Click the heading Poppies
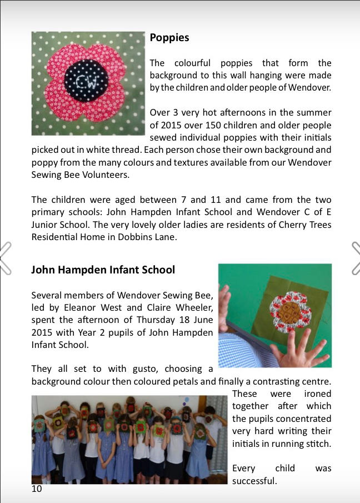169,38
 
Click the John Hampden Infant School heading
103,270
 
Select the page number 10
37,489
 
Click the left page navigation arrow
6,258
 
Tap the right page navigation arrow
355,258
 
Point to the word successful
254,480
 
